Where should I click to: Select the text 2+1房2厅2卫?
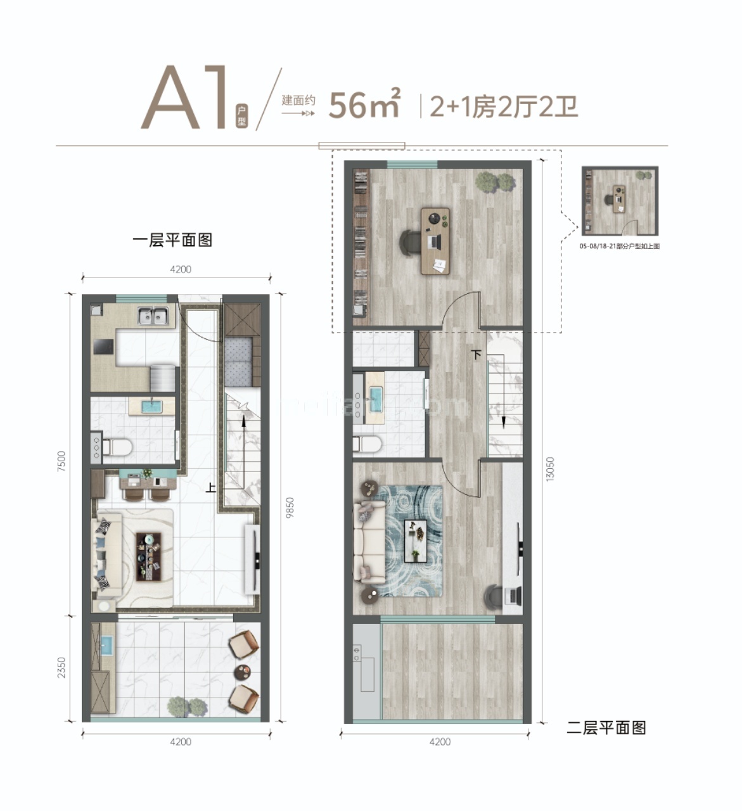click(504, 106)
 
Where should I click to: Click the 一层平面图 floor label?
click(172, 240)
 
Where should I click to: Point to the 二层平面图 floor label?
click(606, 727)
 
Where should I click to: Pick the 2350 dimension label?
click(61, 667)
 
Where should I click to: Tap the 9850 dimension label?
click(290, 507)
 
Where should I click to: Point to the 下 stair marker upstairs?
click(477, 355)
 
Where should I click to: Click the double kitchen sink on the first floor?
click(154, 315)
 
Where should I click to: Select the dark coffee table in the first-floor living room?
click(150, 556)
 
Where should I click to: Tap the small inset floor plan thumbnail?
click(620, 201)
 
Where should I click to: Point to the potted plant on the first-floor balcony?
click(188, 706)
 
